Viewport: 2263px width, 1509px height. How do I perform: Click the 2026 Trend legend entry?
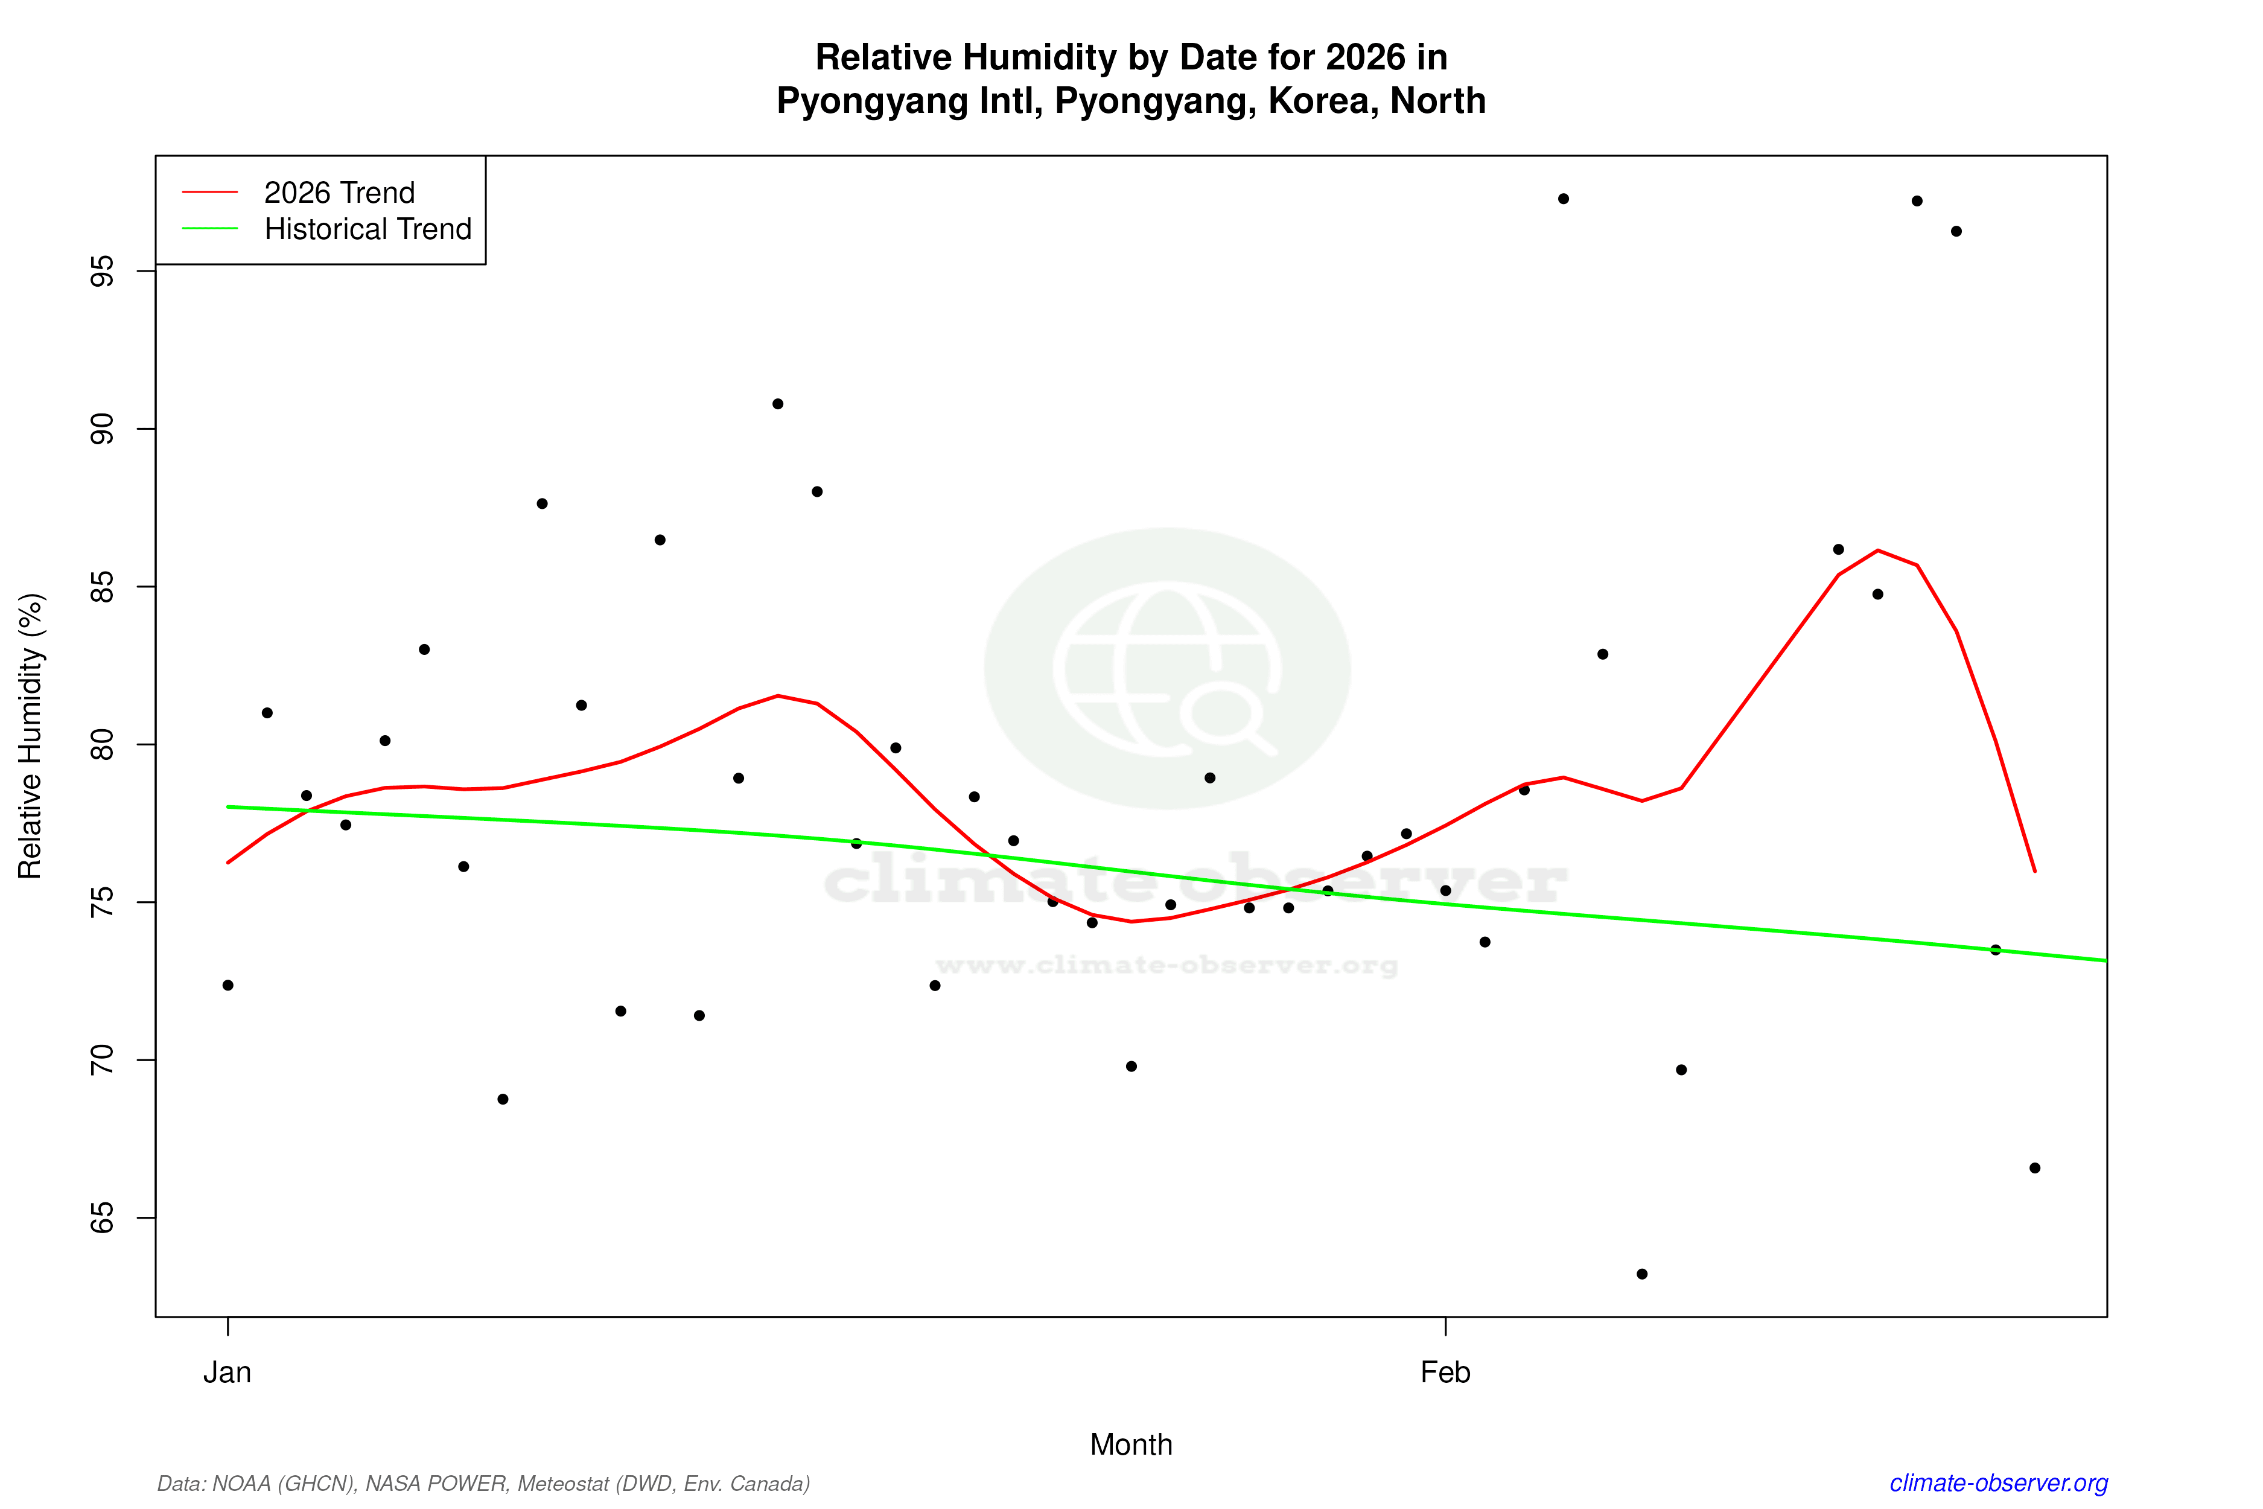(x=339, y=193)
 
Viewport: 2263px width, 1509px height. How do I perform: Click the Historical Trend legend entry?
(x=368, y=229)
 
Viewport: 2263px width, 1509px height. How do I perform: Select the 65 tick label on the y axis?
(x=102, y=1218)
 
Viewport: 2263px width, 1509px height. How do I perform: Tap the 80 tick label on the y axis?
(x=102, y=745)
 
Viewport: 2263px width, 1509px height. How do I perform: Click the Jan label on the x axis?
(x=227, y=1373)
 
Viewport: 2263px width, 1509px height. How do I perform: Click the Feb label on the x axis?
(x=1445, y=1373)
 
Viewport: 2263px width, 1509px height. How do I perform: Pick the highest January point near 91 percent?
(x=777, y=404)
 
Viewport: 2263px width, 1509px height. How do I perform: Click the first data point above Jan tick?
(x=228, y=986)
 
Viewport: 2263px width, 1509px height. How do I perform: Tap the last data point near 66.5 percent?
(x=2035, y=1169)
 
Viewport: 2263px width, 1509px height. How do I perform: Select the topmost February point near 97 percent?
(x=1564, y=199)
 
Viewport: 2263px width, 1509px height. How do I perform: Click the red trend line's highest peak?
(x=1878, y=550)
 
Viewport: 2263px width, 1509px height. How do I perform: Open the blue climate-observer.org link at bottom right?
(x=1999, y=1483)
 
